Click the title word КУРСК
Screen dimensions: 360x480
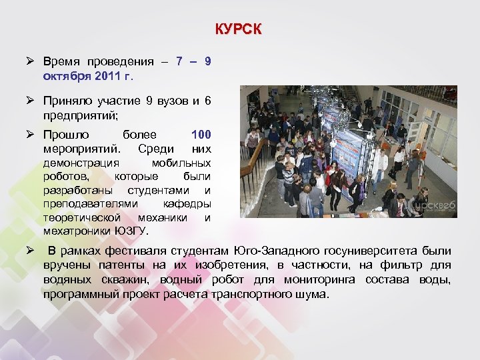239,29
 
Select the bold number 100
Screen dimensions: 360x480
201,135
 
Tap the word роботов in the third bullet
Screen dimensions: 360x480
65,176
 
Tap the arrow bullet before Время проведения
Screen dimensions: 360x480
31,61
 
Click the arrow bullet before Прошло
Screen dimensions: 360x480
31,135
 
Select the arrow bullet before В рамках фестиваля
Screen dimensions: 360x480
31,251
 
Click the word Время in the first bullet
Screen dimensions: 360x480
60,61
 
